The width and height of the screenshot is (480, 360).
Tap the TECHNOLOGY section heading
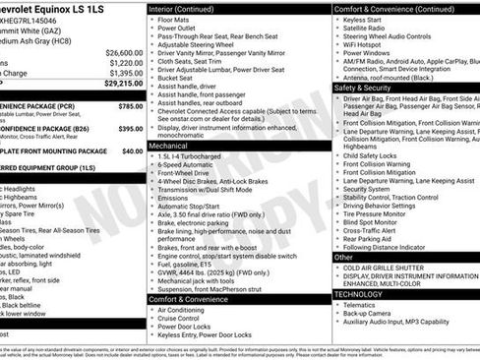click(358, 294)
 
